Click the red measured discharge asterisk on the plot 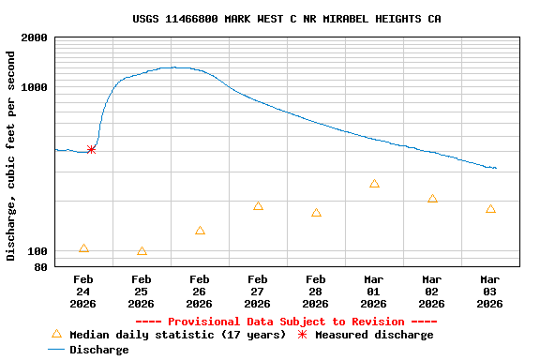tap(91, 149)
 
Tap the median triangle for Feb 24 tap(83, 248)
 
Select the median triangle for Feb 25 tap(142, 251)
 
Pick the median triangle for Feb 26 tap(200, 231)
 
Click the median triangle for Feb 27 tap(258, 206)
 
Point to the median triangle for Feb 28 tap(316, 213)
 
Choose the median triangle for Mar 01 tap(374, 184)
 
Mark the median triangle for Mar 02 tap(432, 199)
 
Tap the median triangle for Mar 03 tap(490, 209)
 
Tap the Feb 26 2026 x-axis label tap(199, 292)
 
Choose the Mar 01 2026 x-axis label tap(373, 292)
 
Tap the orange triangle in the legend tap(56, 334)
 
